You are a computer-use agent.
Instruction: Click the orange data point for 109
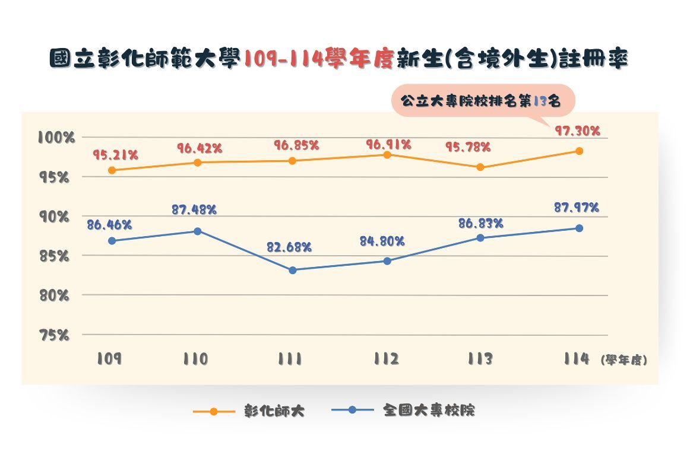click(112, 170)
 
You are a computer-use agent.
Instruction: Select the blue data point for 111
click(292, 270)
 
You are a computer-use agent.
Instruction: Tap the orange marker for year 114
click(579, 151)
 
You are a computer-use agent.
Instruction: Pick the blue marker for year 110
click(198, 231)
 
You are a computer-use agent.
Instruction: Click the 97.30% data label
click(577, 131)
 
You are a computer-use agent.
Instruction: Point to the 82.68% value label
click(289, 247)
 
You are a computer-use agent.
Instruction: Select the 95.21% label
click(115, 155)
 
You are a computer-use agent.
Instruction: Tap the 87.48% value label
click(194, 209)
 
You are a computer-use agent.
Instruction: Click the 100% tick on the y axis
click(56, 138)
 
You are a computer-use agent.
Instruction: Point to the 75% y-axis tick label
click(55, 335)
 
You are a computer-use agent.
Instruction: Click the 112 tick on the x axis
click(387, 359)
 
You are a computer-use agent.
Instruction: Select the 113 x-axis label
click(480, 359)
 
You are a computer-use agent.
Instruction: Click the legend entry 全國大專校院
click(429, 410)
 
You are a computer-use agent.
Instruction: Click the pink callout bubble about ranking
click(483, 101)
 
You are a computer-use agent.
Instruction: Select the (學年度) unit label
click(623, 360)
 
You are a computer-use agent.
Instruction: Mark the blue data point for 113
click(480, 238)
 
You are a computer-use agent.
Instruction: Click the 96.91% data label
click(388, 144)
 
